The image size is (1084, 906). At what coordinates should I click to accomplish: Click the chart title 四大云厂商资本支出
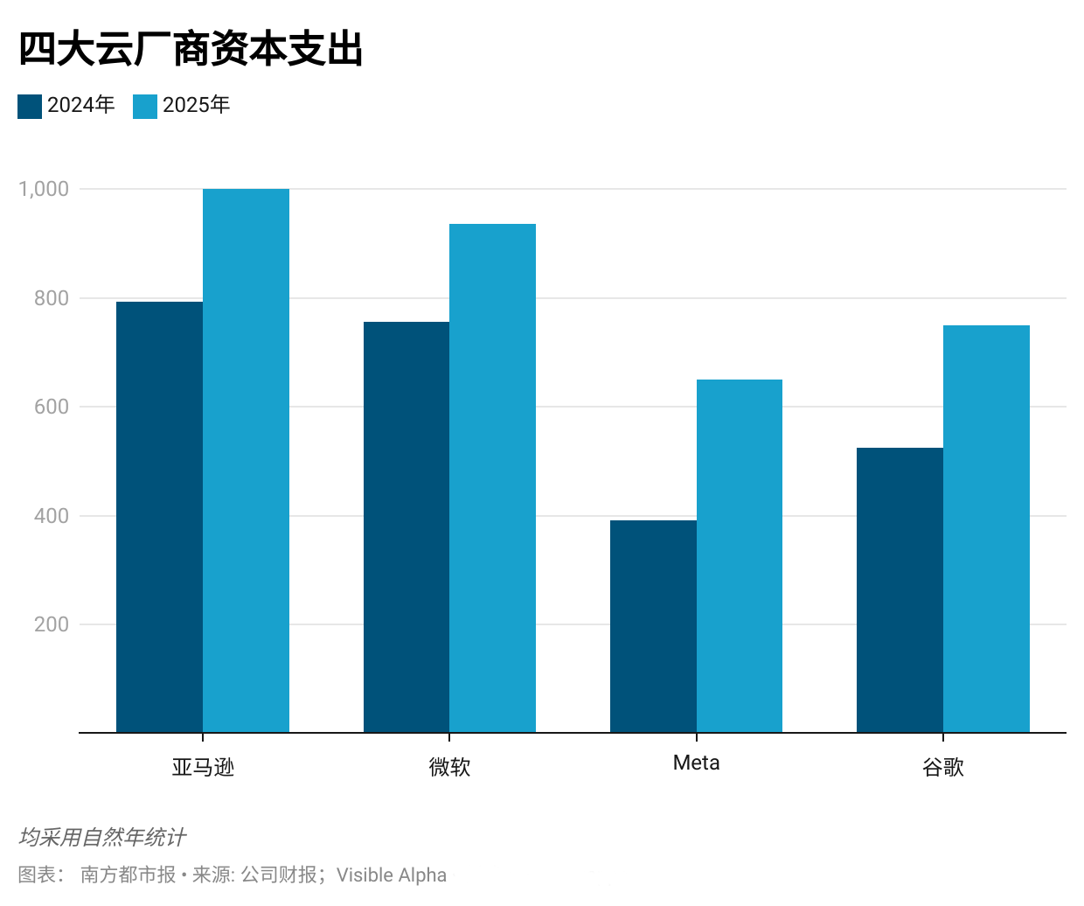tap(191, 49)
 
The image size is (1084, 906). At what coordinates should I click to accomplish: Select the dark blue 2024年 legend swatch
tap(30, 106)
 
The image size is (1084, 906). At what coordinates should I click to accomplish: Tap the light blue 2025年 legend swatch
tap(145, 106)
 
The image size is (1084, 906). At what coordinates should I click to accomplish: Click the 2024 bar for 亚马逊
tap(159, 516)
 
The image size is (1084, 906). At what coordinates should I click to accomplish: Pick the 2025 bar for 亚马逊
tap(246, 461)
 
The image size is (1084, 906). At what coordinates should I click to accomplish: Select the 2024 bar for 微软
tap(406, 526)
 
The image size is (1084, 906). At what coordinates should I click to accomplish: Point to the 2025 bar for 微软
tap(492, 478)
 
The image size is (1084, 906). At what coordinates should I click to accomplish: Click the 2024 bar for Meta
tap(653, 626)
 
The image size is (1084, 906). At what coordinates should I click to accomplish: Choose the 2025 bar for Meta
tap(740, 555)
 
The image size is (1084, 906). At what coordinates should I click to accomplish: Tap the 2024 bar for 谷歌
tap(900, 589)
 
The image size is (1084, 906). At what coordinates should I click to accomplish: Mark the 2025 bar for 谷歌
tap(986, 528)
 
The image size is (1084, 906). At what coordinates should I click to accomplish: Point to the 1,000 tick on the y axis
tap(44, 189)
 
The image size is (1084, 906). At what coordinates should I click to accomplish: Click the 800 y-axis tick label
tap(52, 298)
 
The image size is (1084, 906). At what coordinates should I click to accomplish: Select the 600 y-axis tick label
tap(52, 407)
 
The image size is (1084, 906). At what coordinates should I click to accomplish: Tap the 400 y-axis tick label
tap(52, 516)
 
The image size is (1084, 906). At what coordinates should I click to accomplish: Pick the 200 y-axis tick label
tap(52, 624)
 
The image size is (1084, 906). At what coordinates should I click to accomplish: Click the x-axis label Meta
tap(697, 763)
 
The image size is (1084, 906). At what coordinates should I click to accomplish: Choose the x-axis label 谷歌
tap(943, 767)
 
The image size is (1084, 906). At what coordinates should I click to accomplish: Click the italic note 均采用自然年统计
tap(102, 837)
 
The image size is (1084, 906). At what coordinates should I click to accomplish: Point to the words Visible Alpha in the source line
tap(392, 875)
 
